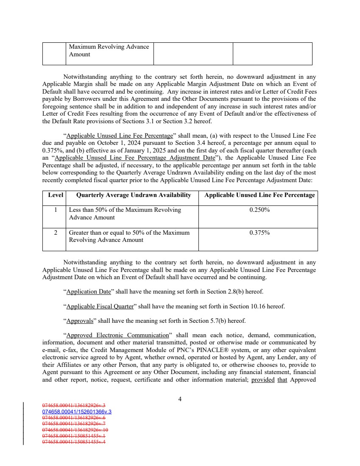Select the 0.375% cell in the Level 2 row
[260, 233]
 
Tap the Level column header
[54, 195]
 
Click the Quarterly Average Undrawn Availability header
[133, 195]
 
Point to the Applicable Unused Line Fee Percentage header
[260, 195]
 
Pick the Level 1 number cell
[54, 210]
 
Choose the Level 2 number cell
[54, 233]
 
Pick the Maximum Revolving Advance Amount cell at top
[109, 50]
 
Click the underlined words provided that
[266, 380]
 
